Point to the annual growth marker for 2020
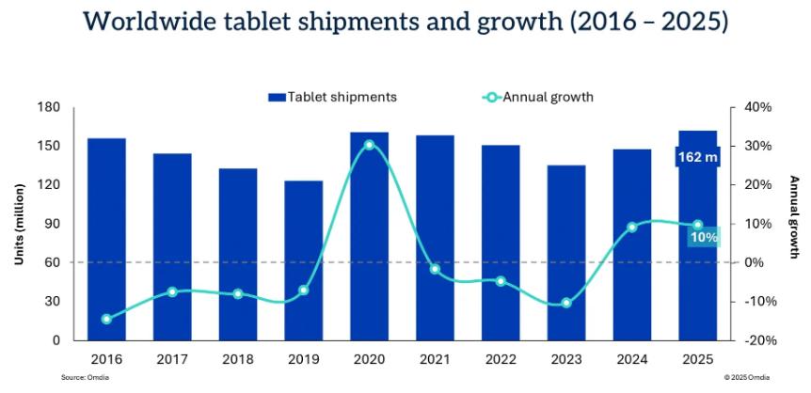pos(369,145)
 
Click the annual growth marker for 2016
pos(106,319)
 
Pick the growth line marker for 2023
pos(566,303)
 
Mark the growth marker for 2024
pos(632,227)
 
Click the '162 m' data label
pos(697,157)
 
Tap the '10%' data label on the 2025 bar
pos(703,238)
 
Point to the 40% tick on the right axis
pos(756,107)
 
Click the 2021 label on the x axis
pos(435,359)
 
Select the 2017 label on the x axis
pos(172,359)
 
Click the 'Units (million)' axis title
pos(19,224)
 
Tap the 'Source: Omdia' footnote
pos(81,376)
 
